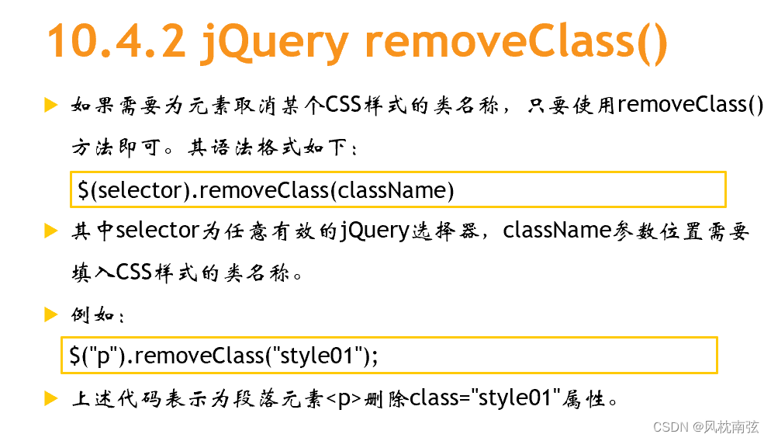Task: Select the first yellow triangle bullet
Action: click(x=51, y=105)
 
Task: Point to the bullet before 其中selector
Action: click(x=51, y=231)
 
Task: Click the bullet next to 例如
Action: click(x=51, y=314)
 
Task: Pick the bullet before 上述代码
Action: click(x=51, y=398)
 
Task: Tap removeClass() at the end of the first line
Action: click(x=690, y=104)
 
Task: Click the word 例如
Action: click(x=92, y=315)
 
